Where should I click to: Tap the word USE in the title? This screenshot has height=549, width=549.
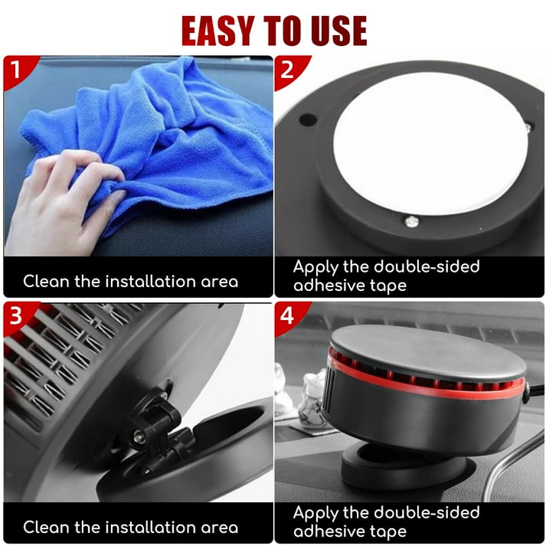pyautogui.click(x=339, y=31)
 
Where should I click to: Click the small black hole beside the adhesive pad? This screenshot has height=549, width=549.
pyautogui.click(x=308, y=119)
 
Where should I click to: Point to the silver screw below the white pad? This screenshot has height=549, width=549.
pyautogui.click(x=412, y=221)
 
